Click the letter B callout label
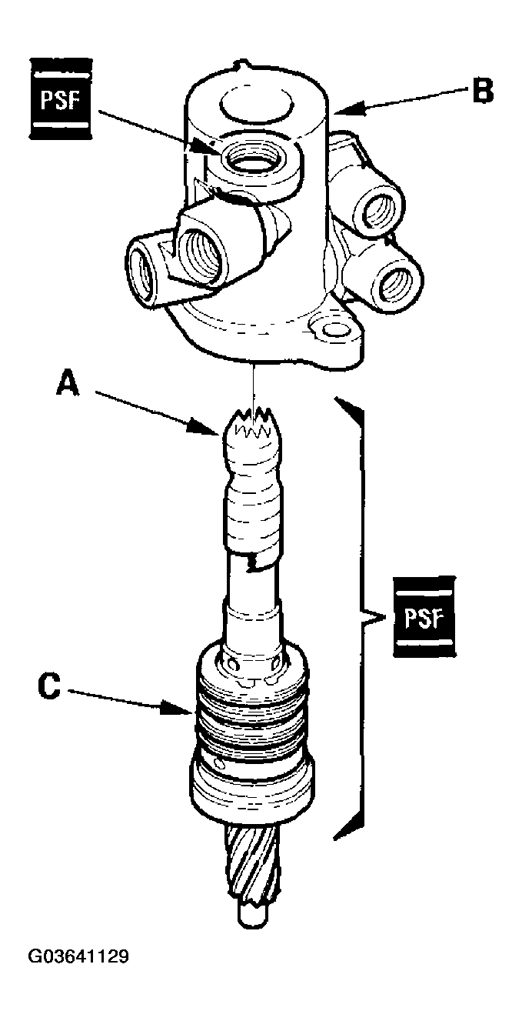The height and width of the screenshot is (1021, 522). [x=481, y=92]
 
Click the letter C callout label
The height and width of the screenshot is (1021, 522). [x=48, y=686]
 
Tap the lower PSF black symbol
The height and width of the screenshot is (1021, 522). [x=422, y=616]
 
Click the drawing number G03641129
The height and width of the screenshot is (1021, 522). [x=78, y=957]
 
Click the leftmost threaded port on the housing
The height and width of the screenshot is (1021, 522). [x=144, y=272]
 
